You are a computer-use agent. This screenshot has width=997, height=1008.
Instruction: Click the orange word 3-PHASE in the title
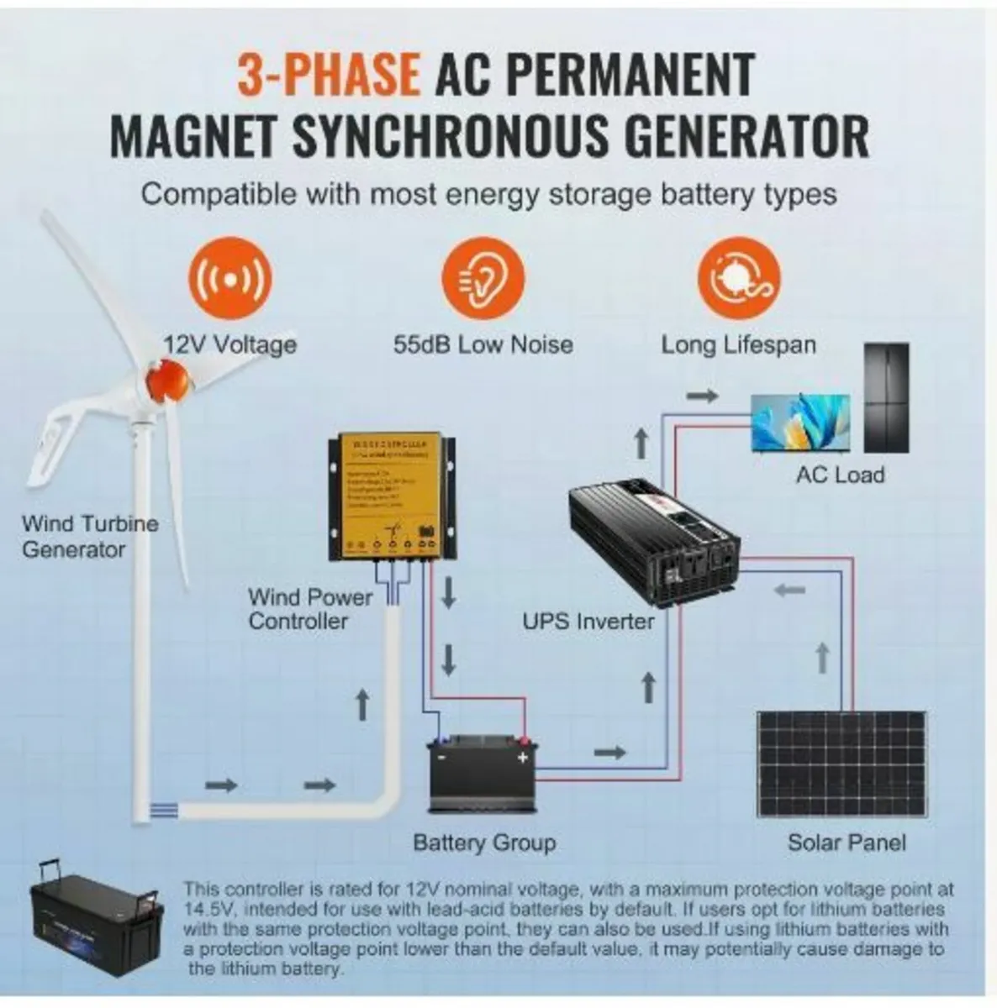pyautogui.click(x=329, y=75)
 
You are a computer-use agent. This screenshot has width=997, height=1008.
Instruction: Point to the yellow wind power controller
pyautogui.click(x=392, y=496)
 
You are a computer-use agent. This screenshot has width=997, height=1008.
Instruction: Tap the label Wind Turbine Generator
pyautogui.click(x=90, y=537)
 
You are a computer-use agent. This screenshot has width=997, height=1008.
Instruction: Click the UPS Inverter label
pyautogui.click(x=588, y=622)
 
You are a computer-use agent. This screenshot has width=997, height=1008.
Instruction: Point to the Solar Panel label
pyautogui.click(x=847, y=843)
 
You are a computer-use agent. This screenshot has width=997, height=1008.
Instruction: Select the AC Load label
pyautogui.click(x=840, y=475)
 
